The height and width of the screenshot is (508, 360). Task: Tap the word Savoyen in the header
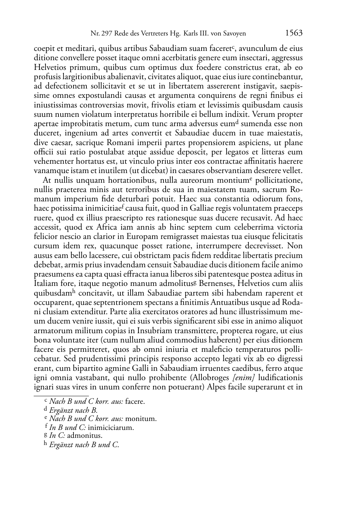pos(234,34)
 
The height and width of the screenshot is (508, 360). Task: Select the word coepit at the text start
pos(43,48)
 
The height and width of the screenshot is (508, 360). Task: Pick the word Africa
pos(106,227)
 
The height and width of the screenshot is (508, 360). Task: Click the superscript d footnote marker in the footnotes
pos(45,409)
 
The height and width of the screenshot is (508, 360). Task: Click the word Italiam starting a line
pos(44,283)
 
